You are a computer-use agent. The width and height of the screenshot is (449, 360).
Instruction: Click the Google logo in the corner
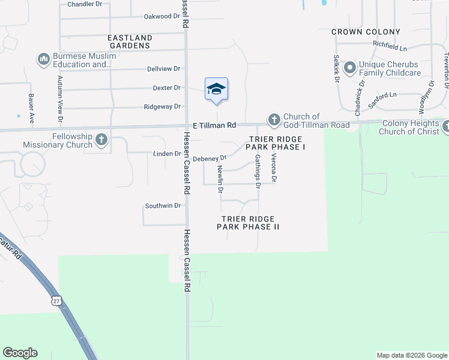click(20, 353)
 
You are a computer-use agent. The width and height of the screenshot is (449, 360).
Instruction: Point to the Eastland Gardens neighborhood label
click(130, 41)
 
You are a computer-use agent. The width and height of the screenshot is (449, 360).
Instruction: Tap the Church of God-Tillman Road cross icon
click(274, 120)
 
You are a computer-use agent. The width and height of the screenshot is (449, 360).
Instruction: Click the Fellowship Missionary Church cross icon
click(101, 140)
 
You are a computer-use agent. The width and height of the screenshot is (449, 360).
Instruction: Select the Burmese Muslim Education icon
click(43, 59)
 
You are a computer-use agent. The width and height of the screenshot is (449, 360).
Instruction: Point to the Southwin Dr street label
click(163, 206)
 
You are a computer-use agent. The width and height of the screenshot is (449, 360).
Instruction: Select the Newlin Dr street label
click(221, 180)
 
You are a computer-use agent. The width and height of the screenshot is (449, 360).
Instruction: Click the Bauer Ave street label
click(31, 108)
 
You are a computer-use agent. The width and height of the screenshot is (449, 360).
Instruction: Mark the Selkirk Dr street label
click(337, 68)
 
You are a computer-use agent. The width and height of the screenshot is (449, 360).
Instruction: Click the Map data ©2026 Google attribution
click(412, 355)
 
